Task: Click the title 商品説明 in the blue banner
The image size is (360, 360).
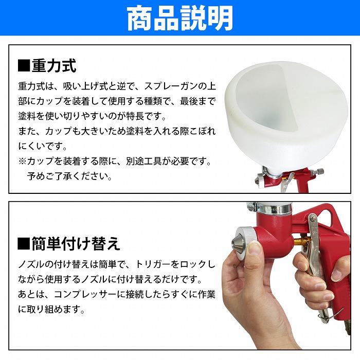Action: (180, 18)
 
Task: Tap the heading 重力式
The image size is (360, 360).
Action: (54, 66)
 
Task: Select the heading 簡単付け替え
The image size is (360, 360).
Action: (76, 243)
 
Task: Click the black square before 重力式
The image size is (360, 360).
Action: (24, 66)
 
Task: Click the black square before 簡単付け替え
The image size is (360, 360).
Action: (24, 243)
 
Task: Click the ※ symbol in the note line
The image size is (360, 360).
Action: (23, 161)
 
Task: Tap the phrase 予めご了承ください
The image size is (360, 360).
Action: (69, 176)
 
